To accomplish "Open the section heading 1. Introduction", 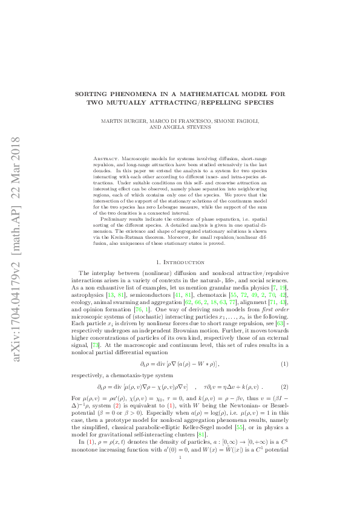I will pyautogui.click(x=180, y=262).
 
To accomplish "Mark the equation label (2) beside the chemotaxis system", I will pyautogui.click(x=284, y=386).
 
